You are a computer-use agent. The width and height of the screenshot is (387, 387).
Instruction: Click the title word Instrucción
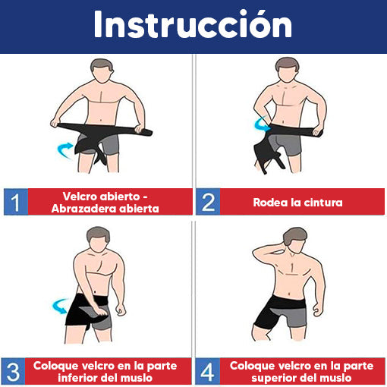(193, 24)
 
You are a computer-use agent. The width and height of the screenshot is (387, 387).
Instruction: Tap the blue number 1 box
(16, 202)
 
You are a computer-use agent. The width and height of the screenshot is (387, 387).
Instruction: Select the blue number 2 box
(208, 202)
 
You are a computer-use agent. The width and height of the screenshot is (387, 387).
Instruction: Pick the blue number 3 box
(13, 371)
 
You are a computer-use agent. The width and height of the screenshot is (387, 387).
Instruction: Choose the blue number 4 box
(208, 371)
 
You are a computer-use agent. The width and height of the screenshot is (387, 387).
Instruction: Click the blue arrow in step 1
(64, 149)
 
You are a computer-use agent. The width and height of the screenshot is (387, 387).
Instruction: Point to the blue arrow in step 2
(262, 124)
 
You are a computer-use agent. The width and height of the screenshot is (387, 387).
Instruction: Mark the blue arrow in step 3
(60, 306)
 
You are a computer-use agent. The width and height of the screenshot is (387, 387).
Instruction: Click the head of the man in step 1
(102, 71)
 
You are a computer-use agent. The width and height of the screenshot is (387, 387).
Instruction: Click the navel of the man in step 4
(290, 294)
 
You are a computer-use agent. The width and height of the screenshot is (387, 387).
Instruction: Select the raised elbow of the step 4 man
(255, 253)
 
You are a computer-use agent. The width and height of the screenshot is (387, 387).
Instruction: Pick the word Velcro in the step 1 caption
(80, 197)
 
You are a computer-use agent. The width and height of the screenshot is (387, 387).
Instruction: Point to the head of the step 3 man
(98, 239)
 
